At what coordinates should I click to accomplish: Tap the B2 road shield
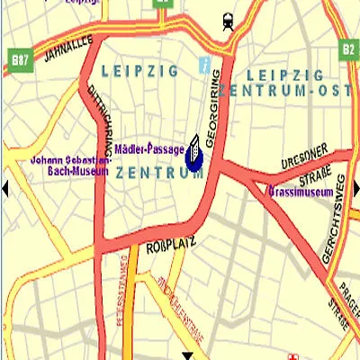[348, 48]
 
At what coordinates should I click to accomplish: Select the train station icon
[228, 19]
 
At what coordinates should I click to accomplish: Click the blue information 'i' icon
[204, 67]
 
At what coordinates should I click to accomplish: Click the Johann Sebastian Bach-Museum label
[69, 165]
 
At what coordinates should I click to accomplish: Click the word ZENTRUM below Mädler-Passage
[159, 172]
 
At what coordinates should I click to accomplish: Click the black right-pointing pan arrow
[355, 187]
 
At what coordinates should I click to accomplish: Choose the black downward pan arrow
[189, 355]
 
